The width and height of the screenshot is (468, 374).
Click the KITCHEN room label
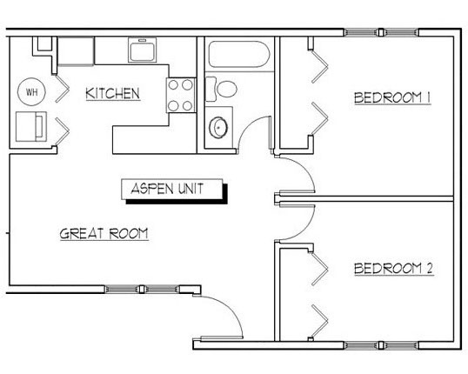point(112,93)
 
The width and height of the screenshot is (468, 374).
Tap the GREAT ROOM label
point(104,234)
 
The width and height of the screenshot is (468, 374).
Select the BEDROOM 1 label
point(392,98)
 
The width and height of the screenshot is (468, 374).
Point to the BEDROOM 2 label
point(393,269)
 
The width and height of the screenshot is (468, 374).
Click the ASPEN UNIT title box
point(172,190)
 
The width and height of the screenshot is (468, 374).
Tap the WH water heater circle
point(31,91)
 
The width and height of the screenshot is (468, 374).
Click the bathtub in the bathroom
point(238,54)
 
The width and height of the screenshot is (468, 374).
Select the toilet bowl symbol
point(227,89)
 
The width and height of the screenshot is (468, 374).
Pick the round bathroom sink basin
point(218,128)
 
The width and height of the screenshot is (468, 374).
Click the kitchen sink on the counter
point(143,50)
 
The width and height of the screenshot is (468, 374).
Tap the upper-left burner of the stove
point(173,84)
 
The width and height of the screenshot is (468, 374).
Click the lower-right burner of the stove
point(187,105)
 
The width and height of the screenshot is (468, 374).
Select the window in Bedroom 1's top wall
point(381,32)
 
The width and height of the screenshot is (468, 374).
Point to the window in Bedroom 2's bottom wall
point(381,345)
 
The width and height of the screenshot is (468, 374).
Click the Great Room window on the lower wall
point(142,290)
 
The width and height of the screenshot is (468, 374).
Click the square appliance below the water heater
point(31,127)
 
